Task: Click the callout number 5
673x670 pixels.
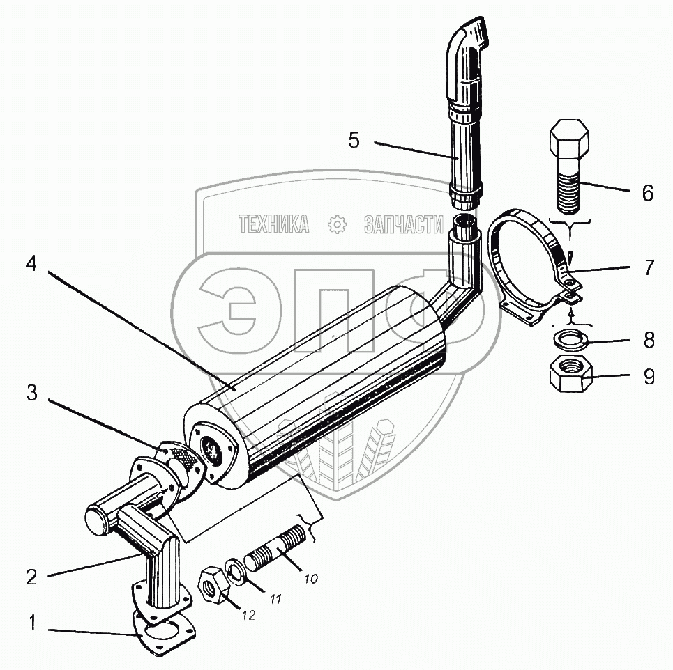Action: pyautogui.click(x=354, y=140)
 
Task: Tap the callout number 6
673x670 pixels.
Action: pyautogui.click(x=648, y=193)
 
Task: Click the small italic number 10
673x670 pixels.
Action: pyautogui.click(x=310, y=577)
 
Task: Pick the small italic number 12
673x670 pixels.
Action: pyautogui.click(x=249, y=615)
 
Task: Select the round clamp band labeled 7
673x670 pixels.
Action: pyautogui.click(x=530, y=265)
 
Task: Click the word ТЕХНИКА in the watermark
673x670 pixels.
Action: pyautogui.click(x=274, y=224)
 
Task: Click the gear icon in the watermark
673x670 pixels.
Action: pyautogui.click(x=337, y=224)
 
